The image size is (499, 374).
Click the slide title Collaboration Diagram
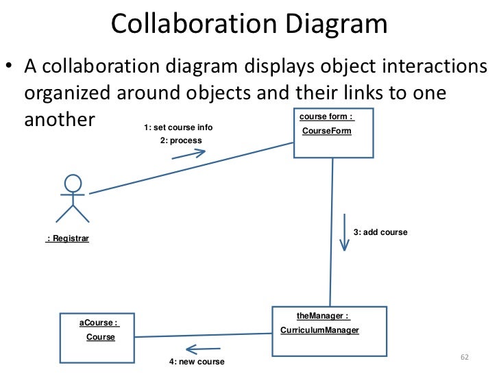(x=249, y=25)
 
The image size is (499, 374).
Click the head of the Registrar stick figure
(x=73, y=184)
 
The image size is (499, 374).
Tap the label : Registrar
(x=68, y=239)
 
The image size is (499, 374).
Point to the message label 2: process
(x=181, y=140)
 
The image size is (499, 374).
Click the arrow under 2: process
(x=188, y=153)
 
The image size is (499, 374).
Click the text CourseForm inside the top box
(x=326, y=130)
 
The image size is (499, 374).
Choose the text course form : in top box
(x=326, y=116)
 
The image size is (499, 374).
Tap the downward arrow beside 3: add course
(x=344, y=233)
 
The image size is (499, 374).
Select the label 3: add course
(x=380, y=232)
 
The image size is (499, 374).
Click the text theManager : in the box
(x=323, y=316)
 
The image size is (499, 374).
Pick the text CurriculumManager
(x=319, y=330)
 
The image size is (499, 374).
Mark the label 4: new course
(x=197, y=361)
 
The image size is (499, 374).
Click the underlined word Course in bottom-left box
(x=101, y=337)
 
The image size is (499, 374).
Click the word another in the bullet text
(x=59, y=119)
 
